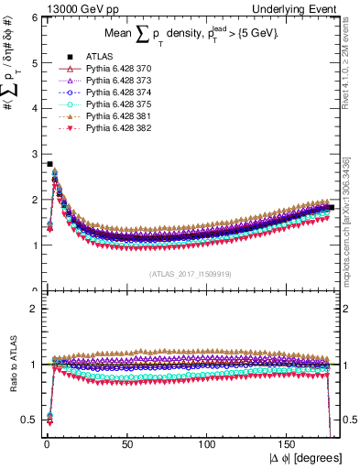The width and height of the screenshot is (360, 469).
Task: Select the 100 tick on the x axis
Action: (x=208, y=443)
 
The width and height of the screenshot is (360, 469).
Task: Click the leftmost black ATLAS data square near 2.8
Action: (x=49, y=164)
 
